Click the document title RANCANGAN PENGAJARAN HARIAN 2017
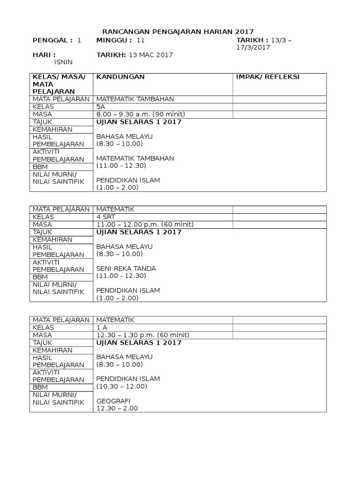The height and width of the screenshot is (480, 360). pyautogui.click(x=178, y=31)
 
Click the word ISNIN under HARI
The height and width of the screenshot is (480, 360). pyautogui.click(x=64, y=62)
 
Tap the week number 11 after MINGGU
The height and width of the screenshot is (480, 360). pyautogui.click(x=141, y=40)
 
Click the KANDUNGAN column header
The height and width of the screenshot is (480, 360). pyautogui.click(x=120, y=77)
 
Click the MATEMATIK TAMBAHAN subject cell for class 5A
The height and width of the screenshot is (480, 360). pyautogui.click(x=135, y=99)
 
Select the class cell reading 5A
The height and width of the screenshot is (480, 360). pyautogui.click(x=101, y=106)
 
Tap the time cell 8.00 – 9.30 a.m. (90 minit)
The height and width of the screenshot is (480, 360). pyautogui.click(x=141, y=114)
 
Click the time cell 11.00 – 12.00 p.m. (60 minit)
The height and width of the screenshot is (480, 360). pyautogui.click(x=145, y=225)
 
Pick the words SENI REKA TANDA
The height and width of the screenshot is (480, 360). pyautogui.click(x=126, y=269)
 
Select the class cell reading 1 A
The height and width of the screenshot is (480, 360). pyautogui.click(x=102, y=327)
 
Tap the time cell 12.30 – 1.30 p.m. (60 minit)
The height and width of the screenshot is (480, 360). pyautogui.click(x=143, y=335)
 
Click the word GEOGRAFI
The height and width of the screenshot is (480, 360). pyautogui.click(x=113, y=401)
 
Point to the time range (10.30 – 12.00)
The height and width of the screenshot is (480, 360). pyautogui.click(x=122, y=386)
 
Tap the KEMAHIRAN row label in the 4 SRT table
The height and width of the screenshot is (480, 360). pyautogui.click(x=52, y=240)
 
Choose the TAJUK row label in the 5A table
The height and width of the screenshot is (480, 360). pyautogui.click(x=42, y=122)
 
